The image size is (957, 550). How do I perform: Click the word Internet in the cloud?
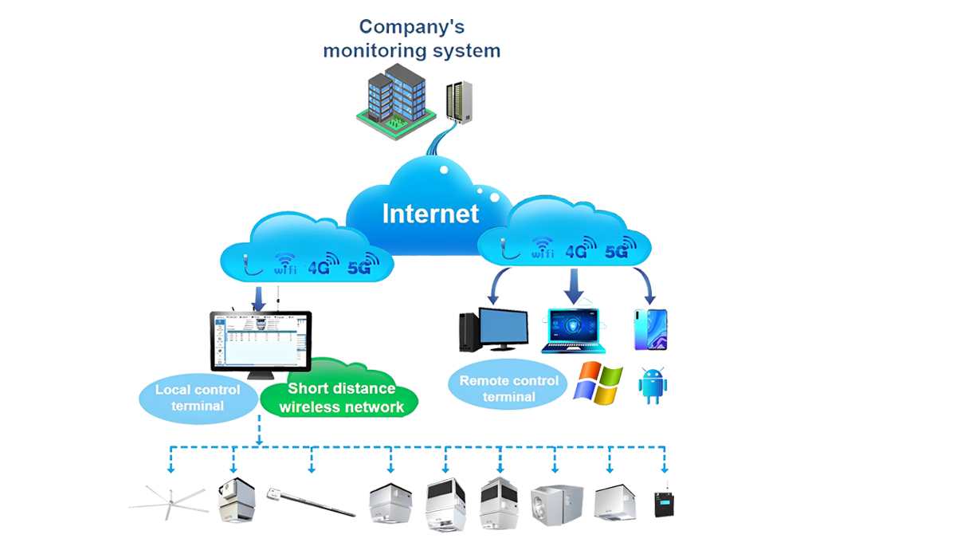click(430, 214)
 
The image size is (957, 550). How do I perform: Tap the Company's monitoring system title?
click(411, 38)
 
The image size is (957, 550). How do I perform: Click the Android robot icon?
click(653, 384)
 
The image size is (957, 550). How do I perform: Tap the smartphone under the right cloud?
click(651, 329)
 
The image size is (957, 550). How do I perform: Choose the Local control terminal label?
click(197, 398)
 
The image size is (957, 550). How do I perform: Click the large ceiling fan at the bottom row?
click(169, 503)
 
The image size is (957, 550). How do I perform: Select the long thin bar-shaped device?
click(311, 499)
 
